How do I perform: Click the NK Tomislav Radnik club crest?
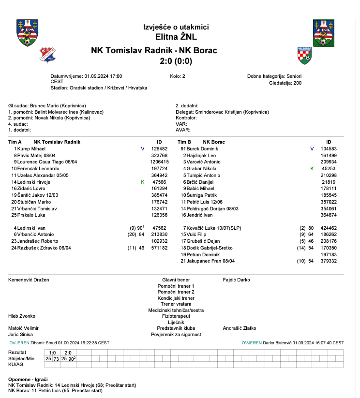point(47,55)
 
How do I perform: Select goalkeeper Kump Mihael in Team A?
point(31,148)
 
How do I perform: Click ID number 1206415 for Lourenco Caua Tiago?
point(159,162)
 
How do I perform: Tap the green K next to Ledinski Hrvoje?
point(142,182)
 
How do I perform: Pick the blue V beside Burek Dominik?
point(312,148)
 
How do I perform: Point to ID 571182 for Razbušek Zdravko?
point(159,248)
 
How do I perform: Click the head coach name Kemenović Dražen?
point(29,280)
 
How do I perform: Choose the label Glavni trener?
point(176,280)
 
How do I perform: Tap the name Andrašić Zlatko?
point(239,328)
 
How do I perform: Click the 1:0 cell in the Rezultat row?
point(53,353)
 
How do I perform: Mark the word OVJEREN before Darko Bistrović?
point(252,342)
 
